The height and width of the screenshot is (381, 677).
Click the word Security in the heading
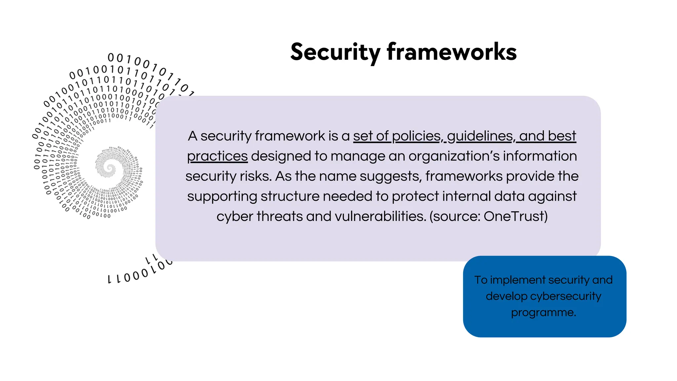click(335, 52)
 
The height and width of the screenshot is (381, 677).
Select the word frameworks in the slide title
click(452, 52)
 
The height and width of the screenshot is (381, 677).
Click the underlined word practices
click(217, 156)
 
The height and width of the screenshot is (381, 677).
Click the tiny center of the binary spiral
click(110, 169)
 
